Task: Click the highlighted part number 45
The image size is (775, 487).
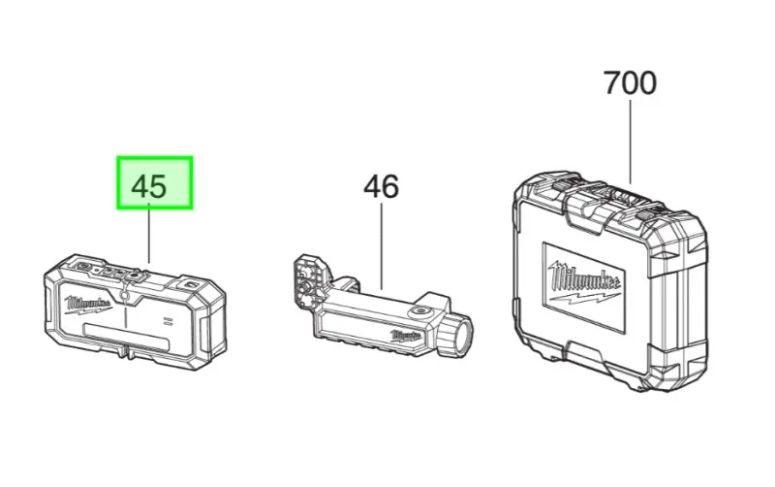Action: (x=155, y=183)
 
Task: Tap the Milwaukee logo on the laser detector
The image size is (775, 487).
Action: (x=88, y=305)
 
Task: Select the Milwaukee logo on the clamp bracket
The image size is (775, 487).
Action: (x=408, y=336)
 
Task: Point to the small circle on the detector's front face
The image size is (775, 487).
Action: (x=127, y=291)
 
